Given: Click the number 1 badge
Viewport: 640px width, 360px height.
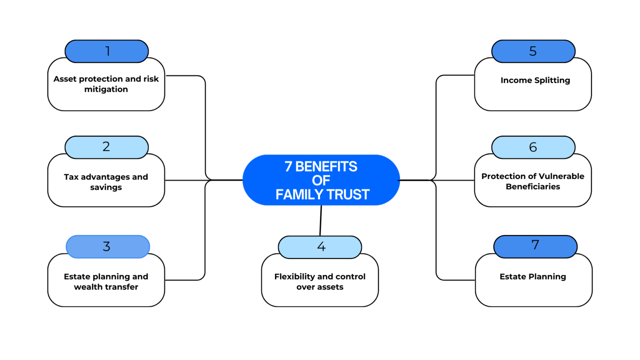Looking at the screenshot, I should coord(107,51).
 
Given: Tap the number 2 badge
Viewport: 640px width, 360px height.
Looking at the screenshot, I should coord(107,147).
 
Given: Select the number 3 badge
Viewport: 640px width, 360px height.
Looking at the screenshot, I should coord(107,247).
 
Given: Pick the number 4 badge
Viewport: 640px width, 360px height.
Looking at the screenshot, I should coord(320,247).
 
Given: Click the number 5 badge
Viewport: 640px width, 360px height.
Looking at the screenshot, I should coord(533,51).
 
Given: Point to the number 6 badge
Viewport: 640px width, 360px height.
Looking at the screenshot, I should coord(533,147).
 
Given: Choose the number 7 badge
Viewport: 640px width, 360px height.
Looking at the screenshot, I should coord(535,246).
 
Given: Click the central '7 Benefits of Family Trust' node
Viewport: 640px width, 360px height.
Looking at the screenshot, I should coord(321,180).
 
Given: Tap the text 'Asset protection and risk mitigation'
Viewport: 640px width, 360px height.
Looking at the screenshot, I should coord(106,84).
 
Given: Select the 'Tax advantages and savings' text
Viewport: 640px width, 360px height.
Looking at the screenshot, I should coord(106,182).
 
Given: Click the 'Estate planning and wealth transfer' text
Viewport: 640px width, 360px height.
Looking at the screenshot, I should coord(106,282).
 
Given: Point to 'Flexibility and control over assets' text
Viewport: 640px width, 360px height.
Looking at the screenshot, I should coord(320,282).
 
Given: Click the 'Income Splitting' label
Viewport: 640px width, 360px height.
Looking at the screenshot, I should coord(535,80).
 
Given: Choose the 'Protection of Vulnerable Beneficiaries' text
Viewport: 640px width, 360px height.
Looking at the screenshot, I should coord(533,181).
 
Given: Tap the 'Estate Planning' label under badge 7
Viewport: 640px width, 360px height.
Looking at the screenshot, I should coord(533,277).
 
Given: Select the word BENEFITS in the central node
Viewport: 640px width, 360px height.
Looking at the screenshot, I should coord(326,167).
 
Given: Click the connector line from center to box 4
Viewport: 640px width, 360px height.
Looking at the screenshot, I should coord(321,221).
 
